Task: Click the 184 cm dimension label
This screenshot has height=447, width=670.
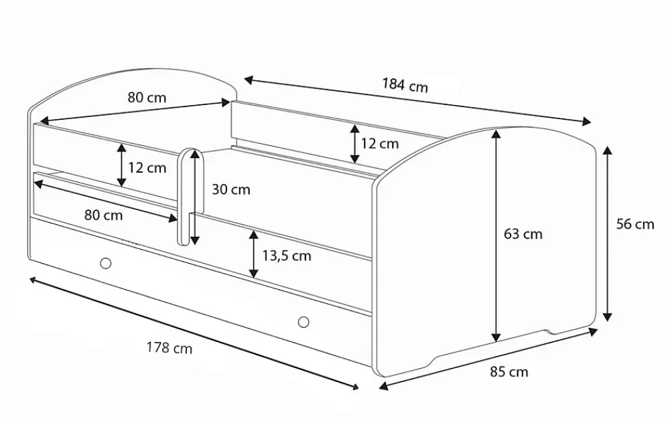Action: (405, 85)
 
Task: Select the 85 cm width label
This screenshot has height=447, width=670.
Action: (509, 371)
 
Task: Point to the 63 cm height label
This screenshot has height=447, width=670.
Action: (523, 234)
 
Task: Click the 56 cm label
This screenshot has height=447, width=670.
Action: (635, 224)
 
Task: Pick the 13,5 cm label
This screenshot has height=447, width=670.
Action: (287, 256)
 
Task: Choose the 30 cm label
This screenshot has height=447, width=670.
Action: (231, 189)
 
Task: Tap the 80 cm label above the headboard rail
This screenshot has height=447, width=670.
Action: (147, 98)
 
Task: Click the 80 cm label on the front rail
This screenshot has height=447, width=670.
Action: (103, 215)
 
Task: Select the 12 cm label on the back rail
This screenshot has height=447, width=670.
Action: (379, 143)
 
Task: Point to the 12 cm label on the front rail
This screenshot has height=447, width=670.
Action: (147, 168)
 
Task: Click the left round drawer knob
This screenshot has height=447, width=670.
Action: (106, 264)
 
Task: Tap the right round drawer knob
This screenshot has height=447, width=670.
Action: (304, 322)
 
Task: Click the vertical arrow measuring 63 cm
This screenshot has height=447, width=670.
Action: (496, 236)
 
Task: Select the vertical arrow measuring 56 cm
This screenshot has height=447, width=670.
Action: (607, 234)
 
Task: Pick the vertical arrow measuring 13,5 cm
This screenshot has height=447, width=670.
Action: (254, 254)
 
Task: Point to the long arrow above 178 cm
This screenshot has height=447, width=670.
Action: (194, 333)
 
